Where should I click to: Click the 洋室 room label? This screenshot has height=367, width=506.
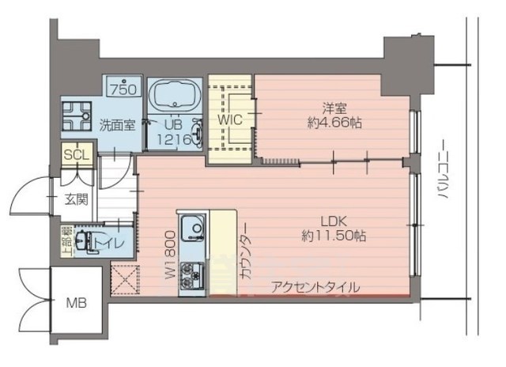[332, 108]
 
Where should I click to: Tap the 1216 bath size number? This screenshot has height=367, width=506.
[174, 139]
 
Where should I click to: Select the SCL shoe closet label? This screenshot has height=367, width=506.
[77, 154]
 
